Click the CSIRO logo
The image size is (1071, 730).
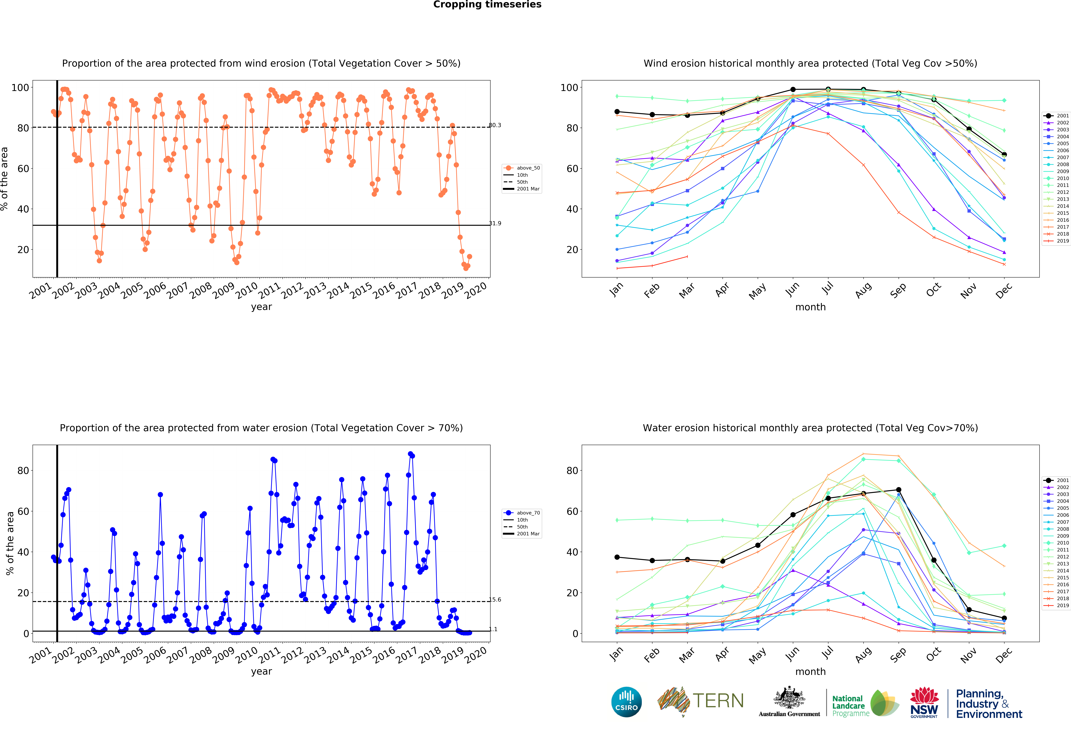[626, 702]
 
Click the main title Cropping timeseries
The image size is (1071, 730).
[487, 5]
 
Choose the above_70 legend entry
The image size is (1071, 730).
[522, 513]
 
